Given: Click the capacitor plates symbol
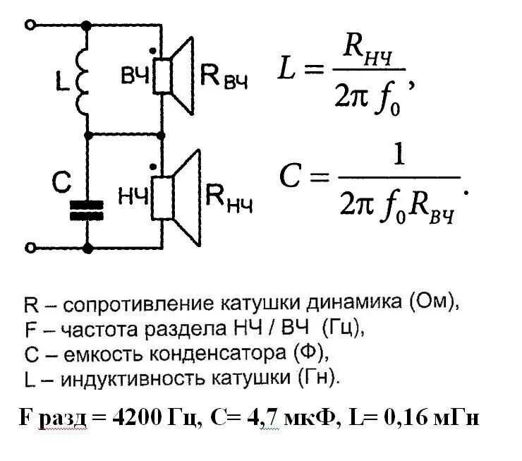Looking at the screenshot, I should coord(87,210).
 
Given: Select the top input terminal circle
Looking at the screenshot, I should coord(30,25).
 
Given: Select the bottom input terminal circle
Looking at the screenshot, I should coord(30,248).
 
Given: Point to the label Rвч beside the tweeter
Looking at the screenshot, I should coord(224,76).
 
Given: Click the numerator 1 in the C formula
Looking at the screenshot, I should coord(399,157).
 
